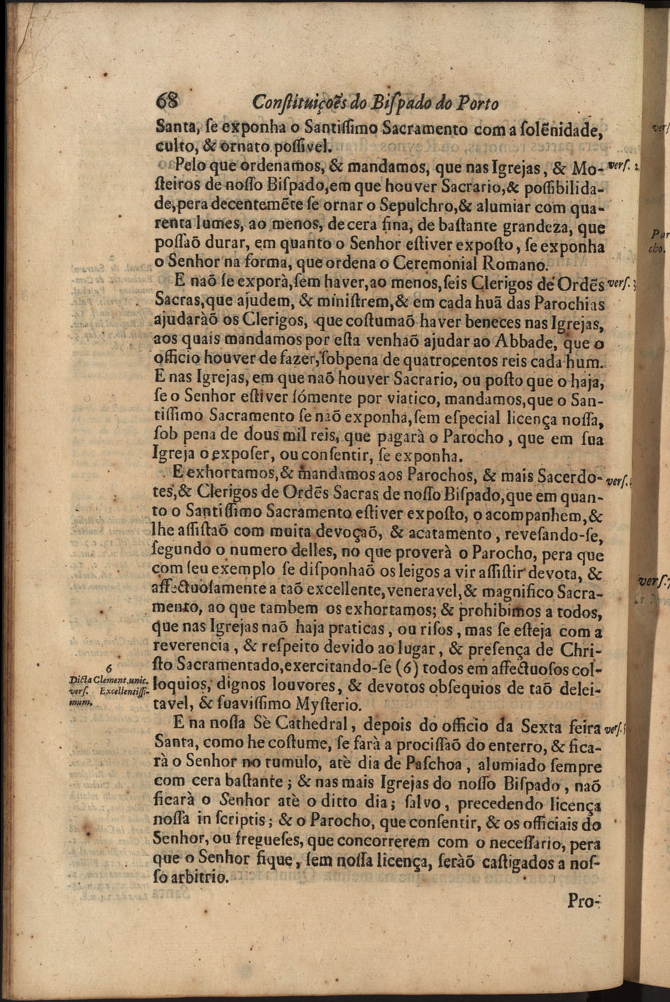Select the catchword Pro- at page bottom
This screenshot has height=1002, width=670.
581,901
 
